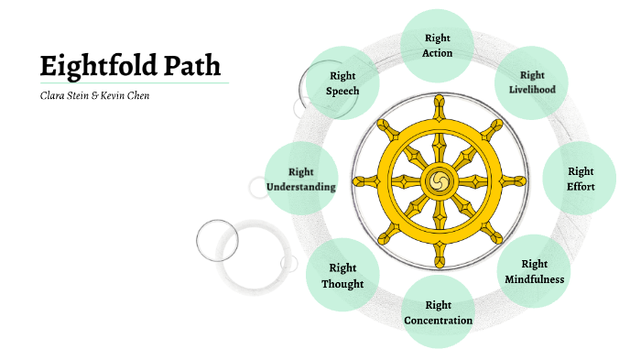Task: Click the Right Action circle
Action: [438, 45]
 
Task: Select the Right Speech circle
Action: [342, 83]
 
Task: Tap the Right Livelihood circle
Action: [532, 82]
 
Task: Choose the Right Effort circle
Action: [581, 179]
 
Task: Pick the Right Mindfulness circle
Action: [534, 271]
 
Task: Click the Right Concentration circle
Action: [438, 312]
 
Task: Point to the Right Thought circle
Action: [342, 275]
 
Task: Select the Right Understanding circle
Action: [300, 179]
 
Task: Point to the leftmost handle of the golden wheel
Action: [362, 180]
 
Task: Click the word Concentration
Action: [438, 321]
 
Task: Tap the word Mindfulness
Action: [534, 279]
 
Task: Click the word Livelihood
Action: [532, 90]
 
